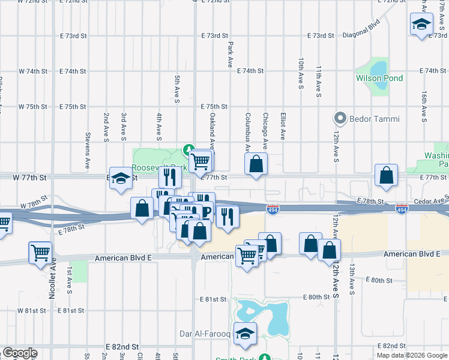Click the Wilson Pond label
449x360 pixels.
coord(379,79)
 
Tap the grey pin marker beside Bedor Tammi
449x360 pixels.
coord(342,118)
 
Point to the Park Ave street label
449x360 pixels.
coord(230,54)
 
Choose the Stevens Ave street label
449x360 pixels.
coord(88,150)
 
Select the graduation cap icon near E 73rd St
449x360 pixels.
coord(421,25)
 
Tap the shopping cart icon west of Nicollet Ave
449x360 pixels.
coord(40,253)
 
